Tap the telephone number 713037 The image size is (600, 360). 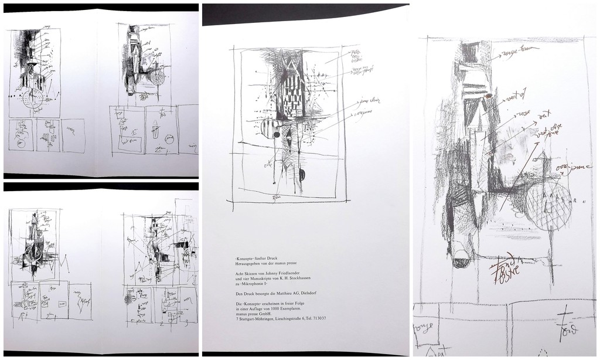click(317, 318)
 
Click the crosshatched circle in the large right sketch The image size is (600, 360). click(548, 205)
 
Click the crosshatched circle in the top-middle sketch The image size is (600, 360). click(158, 77)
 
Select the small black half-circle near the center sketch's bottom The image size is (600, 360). click(302, 175)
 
